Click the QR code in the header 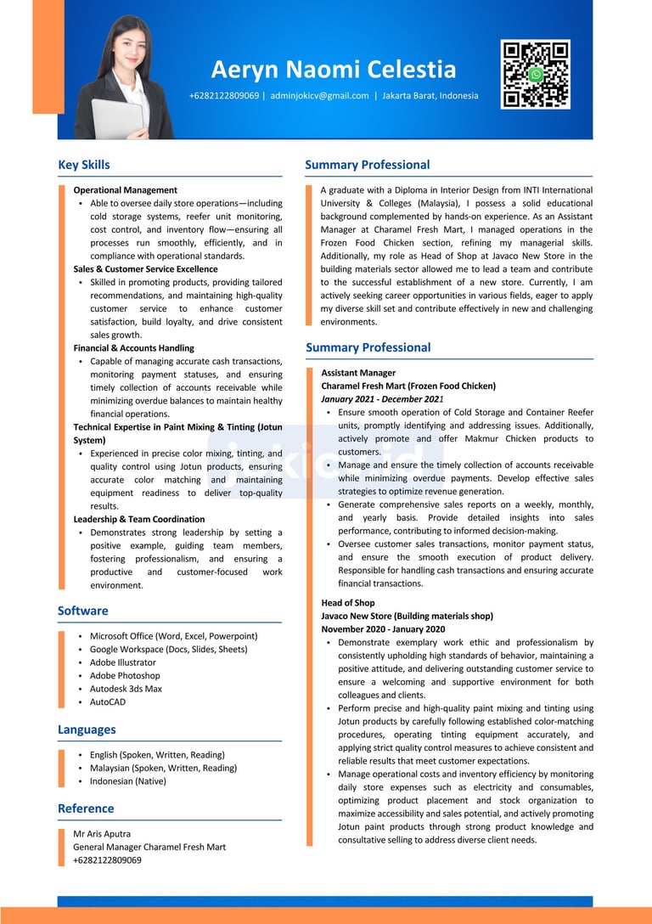535,75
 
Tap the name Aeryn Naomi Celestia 334,70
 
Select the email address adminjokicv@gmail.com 319,96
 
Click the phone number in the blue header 224,96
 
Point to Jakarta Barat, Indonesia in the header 430,96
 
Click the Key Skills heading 84,165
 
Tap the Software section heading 83,611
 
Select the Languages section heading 87,730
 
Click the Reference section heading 86,808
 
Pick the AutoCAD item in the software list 108,702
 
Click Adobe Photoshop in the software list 125,676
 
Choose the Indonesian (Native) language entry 128,781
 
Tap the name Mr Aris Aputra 102,834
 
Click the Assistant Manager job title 358,373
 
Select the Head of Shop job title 348,603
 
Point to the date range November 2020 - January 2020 383,629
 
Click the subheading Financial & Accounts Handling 133,348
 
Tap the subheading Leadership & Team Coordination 139,519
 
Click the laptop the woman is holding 117,118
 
